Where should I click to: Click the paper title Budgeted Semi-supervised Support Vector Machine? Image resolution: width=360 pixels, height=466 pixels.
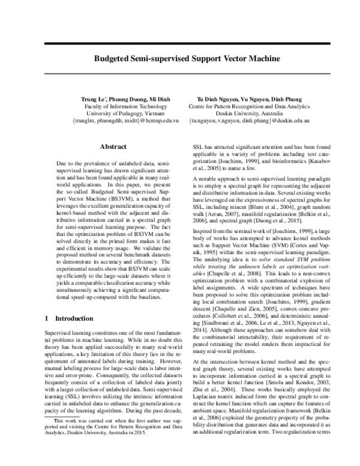(179, 59)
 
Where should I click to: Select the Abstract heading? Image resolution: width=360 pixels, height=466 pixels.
(113, 147)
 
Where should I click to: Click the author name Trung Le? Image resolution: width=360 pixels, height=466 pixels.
(93, 98)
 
